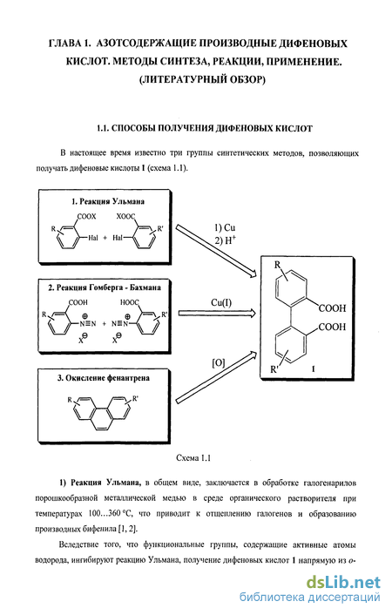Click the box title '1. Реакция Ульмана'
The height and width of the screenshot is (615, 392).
coord(108,201)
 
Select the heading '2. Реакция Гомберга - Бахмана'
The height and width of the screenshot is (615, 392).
coord(105,287)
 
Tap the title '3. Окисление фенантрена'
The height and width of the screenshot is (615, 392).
coord(104,378)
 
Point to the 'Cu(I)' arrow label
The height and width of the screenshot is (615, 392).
coord(221,303)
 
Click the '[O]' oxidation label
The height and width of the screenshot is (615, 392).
coord(218,363)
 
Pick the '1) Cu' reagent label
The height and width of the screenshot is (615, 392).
coord(225,227)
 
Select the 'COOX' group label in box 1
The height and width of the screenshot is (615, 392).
coord(87,216)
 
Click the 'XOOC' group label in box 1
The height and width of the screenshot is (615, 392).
coord(125,216)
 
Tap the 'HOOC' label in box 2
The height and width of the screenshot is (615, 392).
coord(130,302)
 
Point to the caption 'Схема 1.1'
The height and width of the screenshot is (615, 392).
coord(193,457)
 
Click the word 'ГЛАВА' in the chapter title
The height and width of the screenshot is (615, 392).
coord(63,44)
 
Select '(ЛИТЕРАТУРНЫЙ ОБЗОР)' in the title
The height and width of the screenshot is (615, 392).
coord(202,79)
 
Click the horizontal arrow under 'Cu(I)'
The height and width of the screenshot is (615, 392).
coord(217,313)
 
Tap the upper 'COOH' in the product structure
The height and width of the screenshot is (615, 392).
coord(333,308)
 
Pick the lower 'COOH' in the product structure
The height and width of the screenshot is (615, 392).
coord(333,327)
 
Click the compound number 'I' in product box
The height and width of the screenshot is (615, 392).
coord(314,369)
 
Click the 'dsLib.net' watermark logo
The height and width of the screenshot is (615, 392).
coord(343,583)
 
